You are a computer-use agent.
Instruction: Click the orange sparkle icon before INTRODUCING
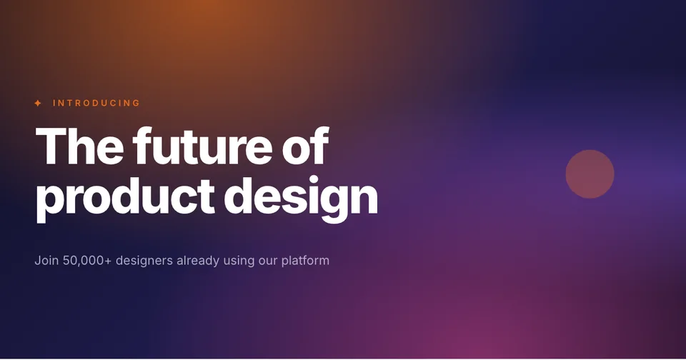coord(38,104)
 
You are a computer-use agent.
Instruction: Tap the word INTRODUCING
coord(96,104)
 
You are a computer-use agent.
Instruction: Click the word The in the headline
coord(79,146)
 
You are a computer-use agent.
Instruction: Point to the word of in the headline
coord(305,146)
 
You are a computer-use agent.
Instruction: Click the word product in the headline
coord(125,199)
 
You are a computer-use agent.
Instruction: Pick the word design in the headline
coord(301,199)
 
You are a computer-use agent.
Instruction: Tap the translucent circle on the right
coord(590,174)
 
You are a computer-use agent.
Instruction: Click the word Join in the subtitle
coord(46,261)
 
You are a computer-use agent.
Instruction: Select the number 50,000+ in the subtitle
coord(87,261)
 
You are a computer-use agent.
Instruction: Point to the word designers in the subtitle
coord(144,261)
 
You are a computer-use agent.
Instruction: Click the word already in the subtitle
coord(198,261)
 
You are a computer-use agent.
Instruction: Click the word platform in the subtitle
coord(305,261)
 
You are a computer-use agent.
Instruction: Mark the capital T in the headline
coord(51,146)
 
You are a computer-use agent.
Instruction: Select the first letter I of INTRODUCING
coord(54,104)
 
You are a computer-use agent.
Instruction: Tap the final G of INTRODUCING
coord(136,104)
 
